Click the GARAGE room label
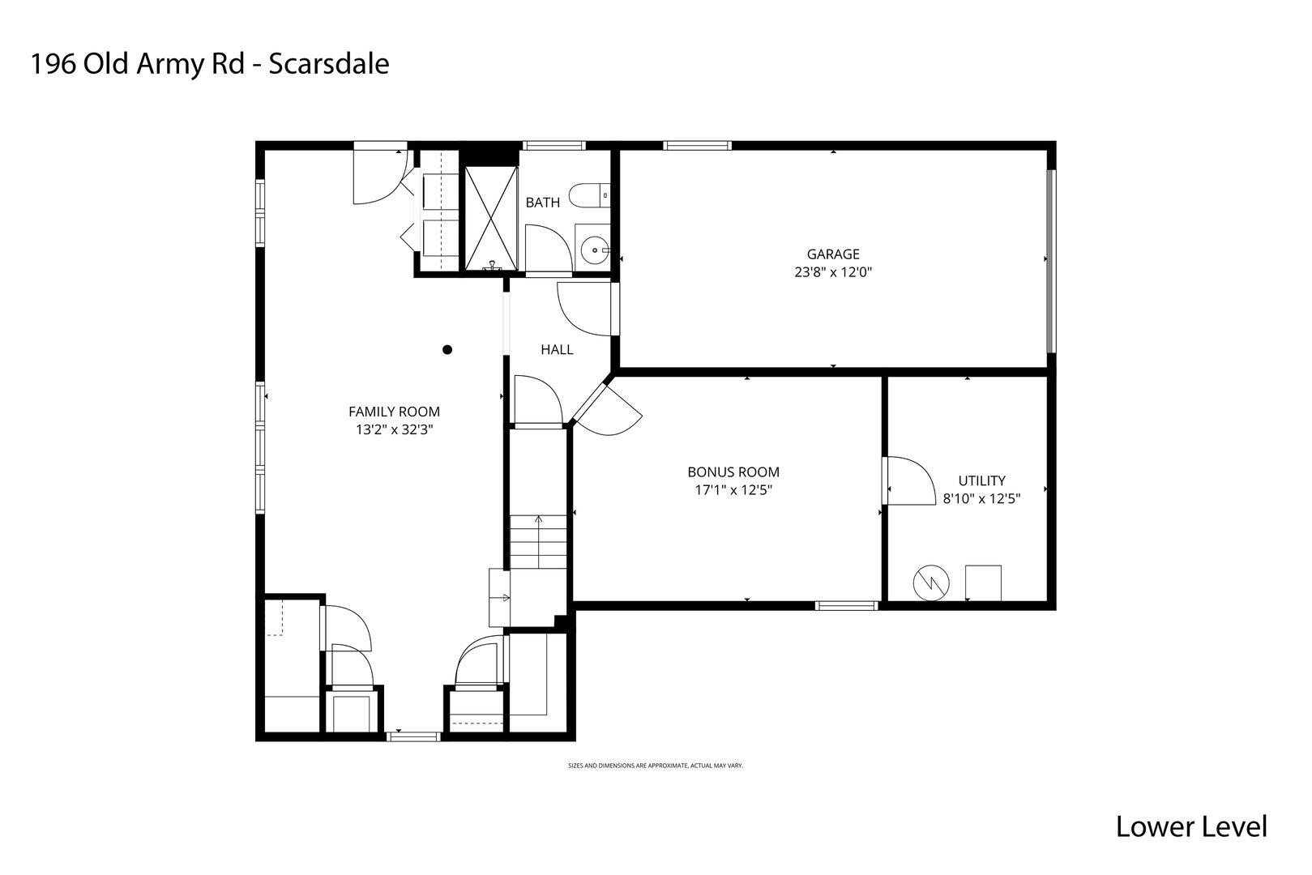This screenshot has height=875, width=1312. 832,254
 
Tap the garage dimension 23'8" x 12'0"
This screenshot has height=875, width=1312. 832,273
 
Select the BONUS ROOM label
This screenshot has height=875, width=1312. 733,472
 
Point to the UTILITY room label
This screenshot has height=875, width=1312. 981,480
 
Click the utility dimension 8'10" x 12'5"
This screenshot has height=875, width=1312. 981,499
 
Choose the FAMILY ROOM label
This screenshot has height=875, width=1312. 394,412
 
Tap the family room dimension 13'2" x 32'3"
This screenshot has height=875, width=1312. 394,430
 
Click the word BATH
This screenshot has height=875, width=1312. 542,203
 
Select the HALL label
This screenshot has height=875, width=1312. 557,350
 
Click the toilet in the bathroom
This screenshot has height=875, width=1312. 587,195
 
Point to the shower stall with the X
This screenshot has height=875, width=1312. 490,217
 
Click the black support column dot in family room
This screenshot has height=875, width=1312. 447,350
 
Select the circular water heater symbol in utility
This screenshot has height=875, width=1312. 929,583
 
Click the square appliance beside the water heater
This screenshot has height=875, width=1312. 982,583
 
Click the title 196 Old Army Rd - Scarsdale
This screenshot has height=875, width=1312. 209,64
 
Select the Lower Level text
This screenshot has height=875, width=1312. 1190,826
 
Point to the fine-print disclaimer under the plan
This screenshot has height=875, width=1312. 655,765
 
